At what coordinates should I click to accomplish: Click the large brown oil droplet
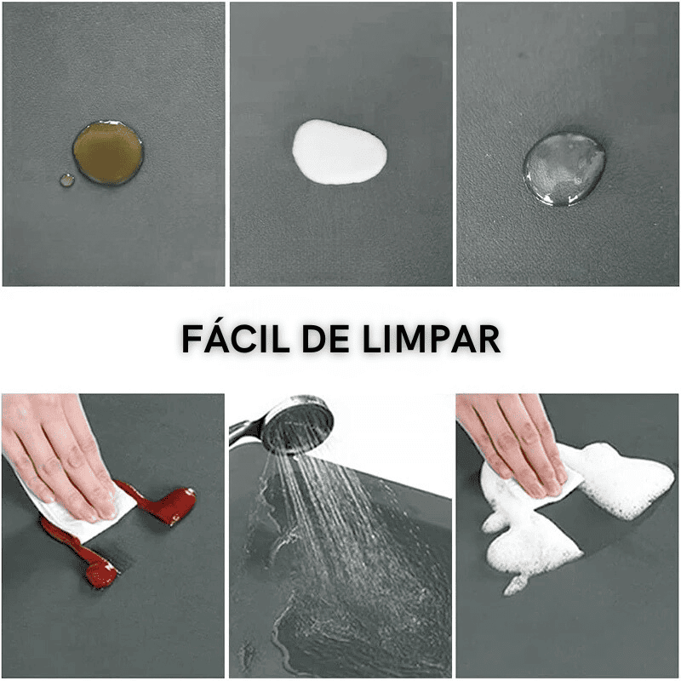(x=108, y=153)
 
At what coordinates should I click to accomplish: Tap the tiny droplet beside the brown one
(x=67, y=180)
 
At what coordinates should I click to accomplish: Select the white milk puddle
(x=339, y=152)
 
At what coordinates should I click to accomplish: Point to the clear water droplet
(x=564, y=169)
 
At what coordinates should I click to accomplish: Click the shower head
(x=300, y=425)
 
